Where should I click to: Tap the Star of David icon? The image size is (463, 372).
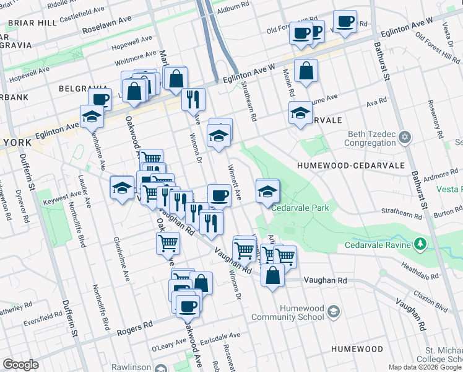(405, 136)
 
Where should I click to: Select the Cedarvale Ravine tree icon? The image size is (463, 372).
(422, 244)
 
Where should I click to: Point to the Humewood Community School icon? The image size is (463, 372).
(334, 311)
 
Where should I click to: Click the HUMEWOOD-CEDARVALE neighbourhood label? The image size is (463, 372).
(350, 166)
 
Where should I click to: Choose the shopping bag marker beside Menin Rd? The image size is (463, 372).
(306, 72)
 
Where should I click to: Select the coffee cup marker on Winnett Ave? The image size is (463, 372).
(219, 196)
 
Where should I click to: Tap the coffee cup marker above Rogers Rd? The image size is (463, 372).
(188, 305)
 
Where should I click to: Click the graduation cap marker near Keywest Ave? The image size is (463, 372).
(122, 188)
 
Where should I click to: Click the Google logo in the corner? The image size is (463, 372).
(20, 365)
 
